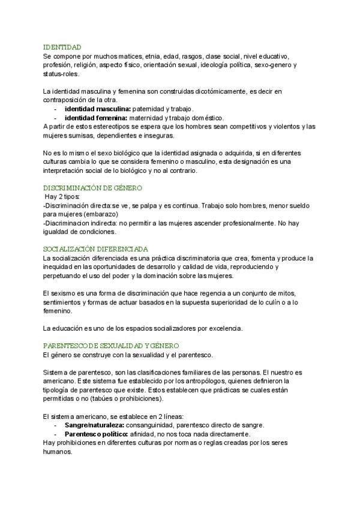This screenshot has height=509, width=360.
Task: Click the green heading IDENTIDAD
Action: [x=62, y=47]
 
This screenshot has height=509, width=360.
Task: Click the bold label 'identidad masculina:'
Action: [x=97, y=109]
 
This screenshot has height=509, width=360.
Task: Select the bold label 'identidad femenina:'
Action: [x=96, y=118]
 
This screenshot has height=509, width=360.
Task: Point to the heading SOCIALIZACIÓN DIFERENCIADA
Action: [x=96, y=249]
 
